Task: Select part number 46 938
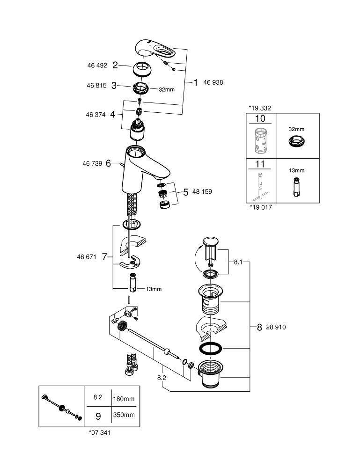tap(213, 82)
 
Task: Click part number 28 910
tap(276, 328)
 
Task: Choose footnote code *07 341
tap(100, 433)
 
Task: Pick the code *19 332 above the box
tap(260, 108)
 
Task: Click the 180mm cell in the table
tap(124, 399)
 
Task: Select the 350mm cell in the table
tap(124, 415)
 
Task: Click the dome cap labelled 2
tap(144, 69)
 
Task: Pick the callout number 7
tap(104, 256)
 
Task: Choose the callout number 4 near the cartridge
tap(112, 114)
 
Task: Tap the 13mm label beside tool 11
tap(296, 171)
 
